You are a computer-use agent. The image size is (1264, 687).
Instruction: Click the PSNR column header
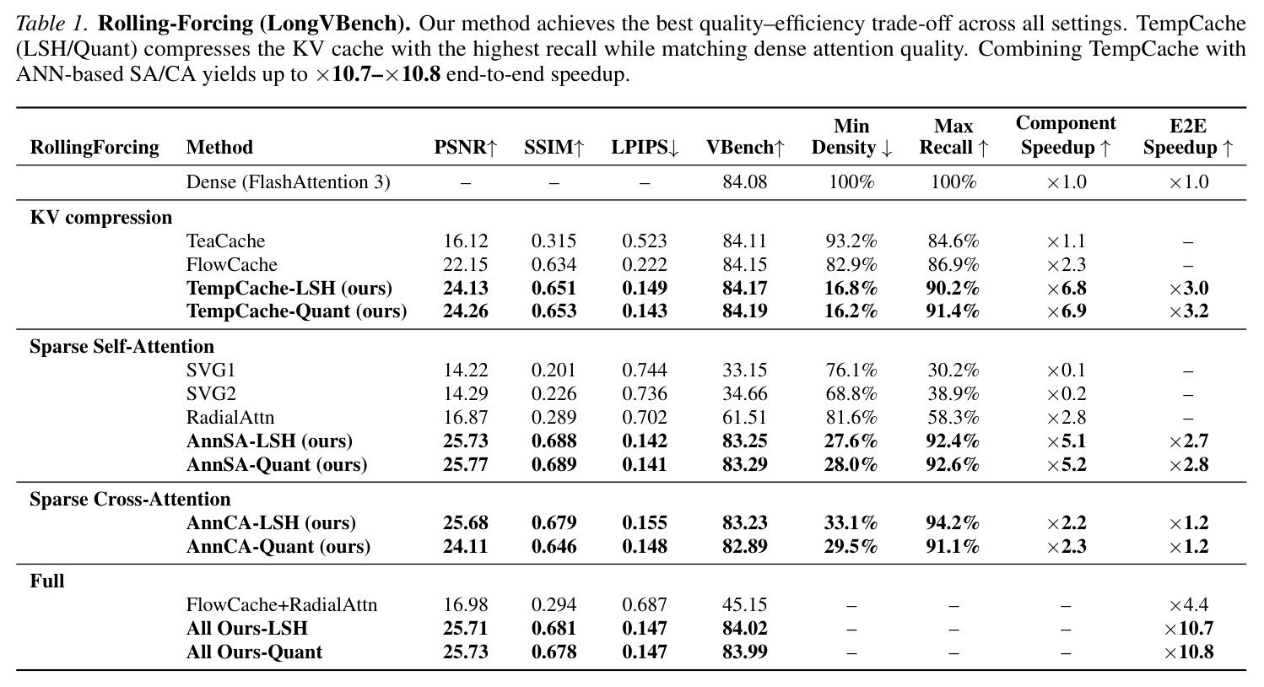click(466, 148)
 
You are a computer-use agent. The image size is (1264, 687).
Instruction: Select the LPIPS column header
click(645, 148)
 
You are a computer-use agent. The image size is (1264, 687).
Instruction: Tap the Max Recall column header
click(953, 137)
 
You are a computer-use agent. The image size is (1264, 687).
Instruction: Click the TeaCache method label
click(226, 241)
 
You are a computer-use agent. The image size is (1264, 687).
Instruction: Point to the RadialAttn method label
click(230, 417)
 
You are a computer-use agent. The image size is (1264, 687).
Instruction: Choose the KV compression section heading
click(101, 218)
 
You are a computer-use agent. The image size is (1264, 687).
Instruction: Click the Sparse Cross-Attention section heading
click(130, 499)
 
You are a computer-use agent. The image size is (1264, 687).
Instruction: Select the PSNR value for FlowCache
click(466, 265)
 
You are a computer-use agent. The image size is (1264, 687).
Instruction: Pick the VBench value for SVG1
click(745, 370)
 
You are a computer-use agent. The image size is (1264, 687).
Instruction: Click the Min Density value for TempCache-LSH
click(851, 288)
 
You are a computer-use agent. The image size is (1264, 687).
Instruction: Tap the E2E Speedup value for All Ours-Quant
click(1188, 652)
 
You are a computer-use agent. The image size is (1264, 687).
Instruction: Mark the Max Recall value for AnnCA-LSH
click(953, 522)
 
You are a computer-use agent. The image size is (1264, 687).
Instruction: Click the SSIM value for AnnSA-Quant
click(554, 464)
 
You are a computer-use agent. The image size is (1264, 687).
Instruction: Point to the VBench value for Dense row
click(745, 181)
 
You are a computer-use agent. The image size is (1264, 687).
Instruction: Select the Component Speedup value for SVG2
click(1066, 393)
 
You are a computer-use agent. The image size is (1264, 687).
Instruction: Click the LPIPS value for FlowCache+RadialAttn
click(645, 604)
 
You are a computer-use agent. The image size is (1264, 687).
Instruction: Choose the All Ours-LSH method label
click(247, 628)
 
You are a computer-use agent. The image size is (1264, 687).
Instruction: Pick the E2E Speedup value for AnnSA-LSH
click(1188, 441)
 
